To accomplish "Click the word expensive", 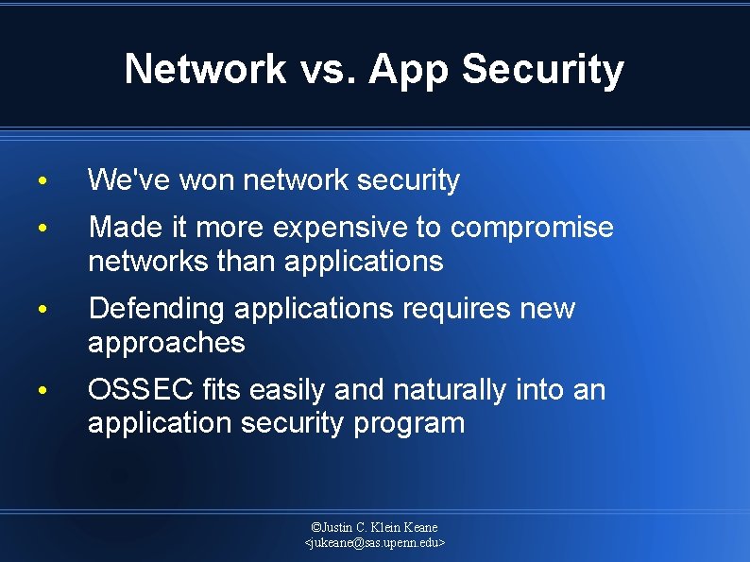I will (x=337, y=228).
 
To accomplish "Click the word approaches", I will (x=166, y=342).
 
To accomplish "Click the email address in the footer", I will (x=375, y=543).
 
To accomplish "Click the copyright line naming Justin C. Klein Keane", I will (x=375, y=527).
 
